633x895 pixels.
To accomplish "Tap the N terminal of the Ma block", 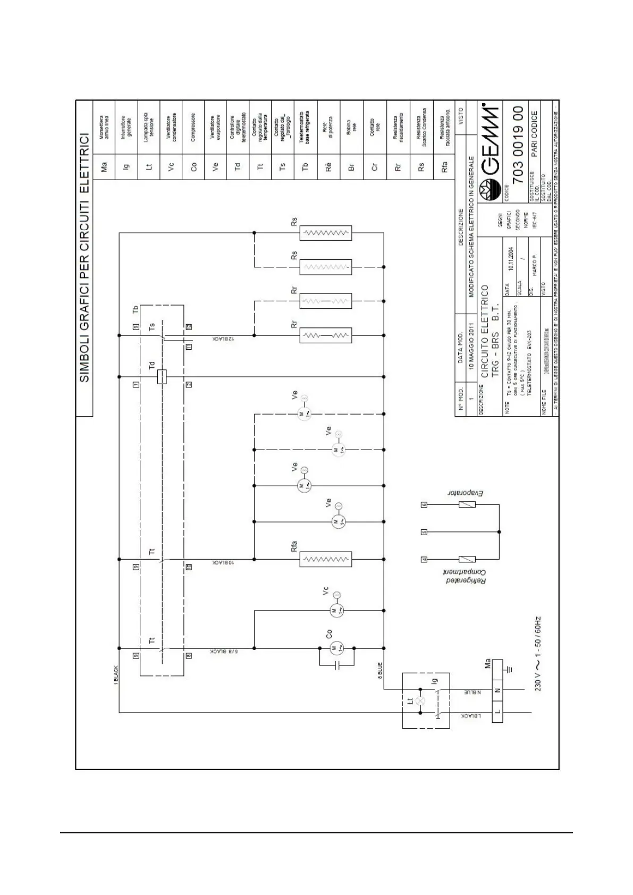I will [x=497, y=690].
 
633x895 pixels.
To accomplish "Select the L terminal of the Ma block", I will [x=497, y=712].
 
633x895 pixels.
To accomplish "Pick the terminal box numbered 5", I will [x=424, y=531].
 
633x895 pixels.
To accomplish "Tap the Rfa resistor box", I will [x=325, y=559].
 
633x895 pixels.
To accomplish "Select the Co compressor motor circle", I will [x=336, y=648].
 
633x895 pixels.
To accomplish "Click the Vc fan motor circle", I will [x=336, y=611].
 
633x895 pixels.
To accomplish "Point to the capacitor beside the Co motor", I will [x=336, y=665].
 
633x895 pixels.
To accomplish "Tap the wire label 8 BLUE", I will [x=380, y=670].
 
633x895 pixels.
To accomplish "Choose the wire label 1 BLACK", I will [x=116, y=676].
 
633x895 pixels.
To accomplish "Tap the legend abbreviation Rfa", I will [x=444, y=167].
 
